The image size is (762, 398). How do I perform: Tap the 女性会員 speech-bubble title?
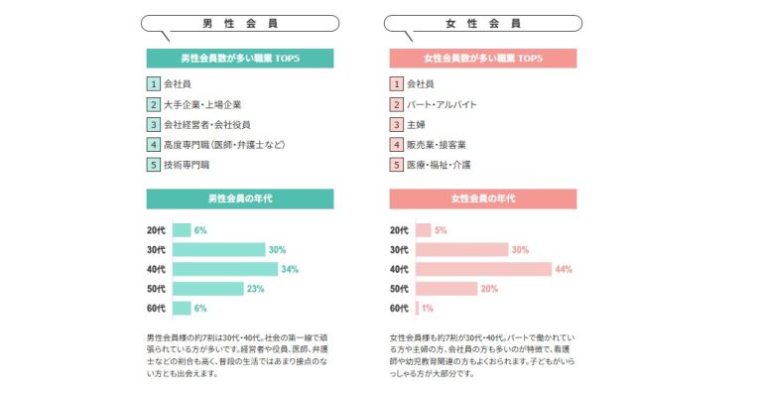[x=482, y=24]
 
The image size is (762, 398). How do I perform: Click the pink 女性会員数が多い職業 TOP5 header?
[x=482, y=59]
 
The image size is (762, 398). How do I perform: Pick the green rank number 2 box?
[x=153, y=104]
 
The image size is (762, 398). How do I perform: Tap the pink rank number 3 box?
[x=397, y=124]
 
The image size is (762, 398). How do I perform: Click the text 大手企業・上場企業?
[x=202, y=104]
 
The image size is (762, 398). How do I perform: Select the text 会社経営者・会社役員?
[x=206, y=124]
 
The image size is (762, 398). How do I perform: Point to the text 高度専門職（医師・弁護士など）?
[x=224, y=145]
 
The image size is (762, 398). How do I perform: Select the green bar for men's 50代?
[x=207, y=289]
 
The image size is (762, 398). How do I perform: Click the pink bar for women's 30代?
[x=461, y=249]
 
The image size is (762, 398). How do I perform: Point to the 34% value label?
[x=291, y=269]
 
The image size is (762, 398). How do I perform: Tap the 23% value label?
[x=256, y=289]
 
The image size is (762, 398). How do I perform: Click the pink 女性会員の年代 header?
[x=482, y=199]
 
